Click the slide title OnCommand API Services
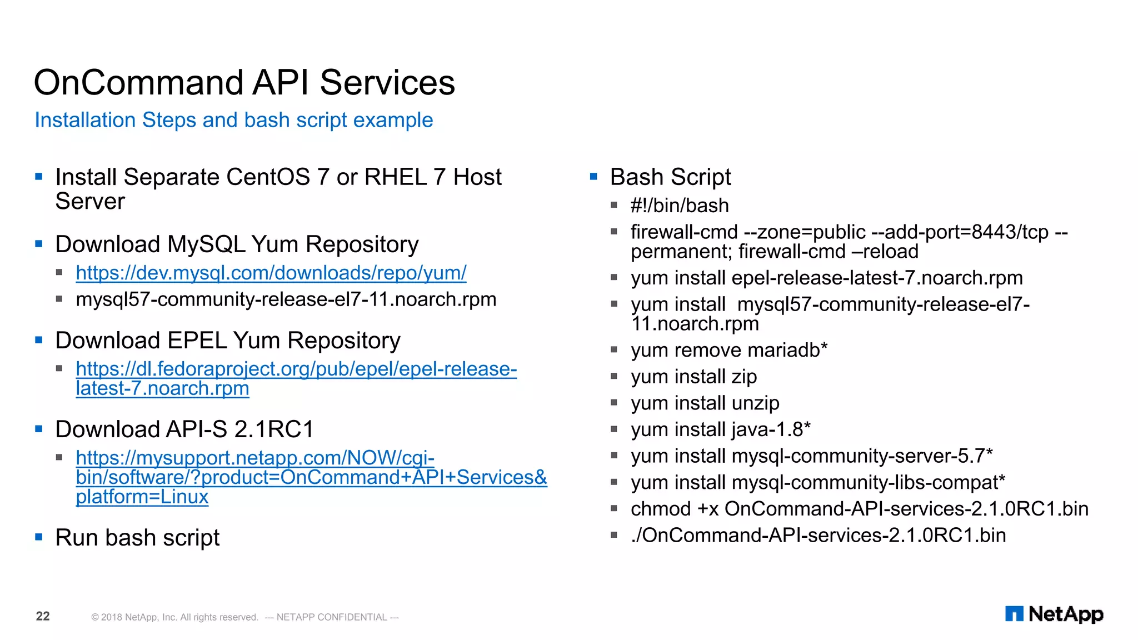point(244,83)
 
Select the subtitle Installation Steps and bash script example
point(233,120)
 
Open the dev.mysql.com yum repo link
point(271,273)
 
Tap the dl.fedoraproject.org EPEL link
point(296,369)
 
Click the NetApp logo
point(1054,614)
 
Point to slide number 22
point(43,616)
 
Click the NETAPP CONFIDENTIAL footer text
point(332,617)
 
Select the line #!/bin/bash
point(679,206)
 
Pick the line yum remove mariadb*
point(728,351)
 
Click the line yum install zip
point(693,377)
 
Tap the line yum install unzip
point(705,403)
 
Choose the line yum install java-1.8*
point(720,429)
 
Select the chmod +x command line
point(859,509)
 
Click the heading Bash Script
point(670,177)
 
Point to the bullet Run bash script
point(137,538)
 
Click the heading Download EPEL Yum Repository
point(228,341)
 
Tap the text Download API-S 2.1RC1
point(184,429)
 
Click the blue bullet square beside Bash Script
point(593,177)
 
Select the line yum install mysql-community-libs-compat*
point(817,482)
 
